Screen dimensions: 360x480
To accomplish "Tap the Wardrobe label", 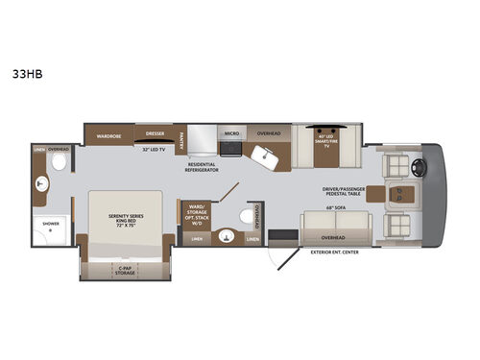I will tap(108, 135).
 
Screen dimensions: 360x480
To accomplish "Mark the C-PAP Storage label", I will tap(124, 271).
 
